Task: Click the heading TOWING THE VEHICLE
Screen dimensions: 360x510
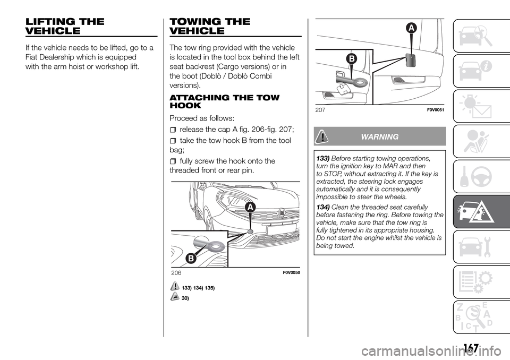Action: tap(202, 27)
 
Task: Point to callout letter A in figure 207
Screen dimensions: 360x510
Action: tap(412, 28)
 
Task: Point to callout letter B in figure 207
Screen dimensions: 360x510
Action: tap(351, 58)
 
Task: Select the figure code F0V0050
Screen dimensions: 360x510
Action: tap(290, 272)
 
